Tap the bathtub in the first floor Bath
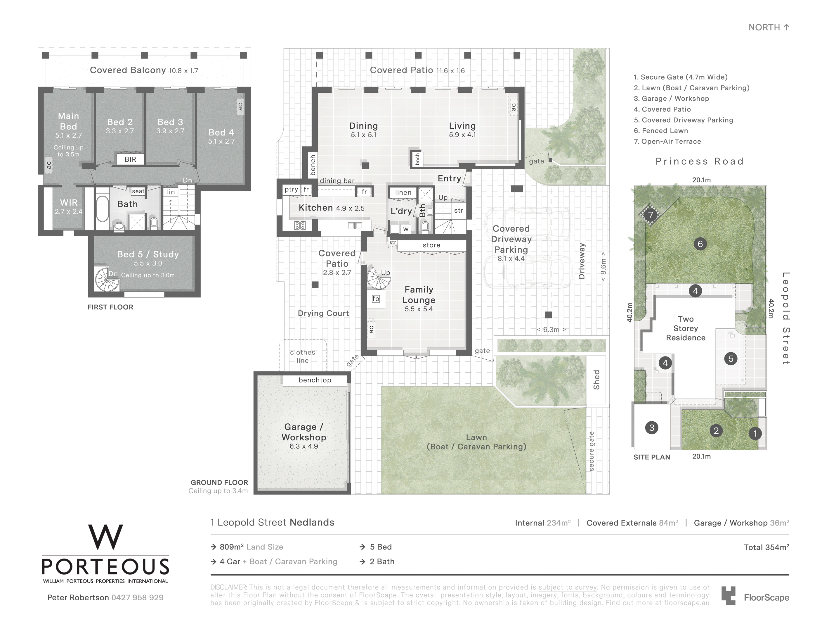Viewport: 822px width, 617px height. [x=102, y=209]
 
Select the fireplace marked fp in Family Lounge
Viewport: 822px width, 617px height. [x=376, y=299]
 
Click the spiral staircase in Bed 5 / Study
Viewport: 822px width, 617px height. [x=107, y=280]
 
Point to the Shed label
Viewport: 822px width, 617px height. [x=596, y=380]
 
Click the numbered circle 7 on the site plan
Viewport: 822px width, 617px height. [x=650, y=215]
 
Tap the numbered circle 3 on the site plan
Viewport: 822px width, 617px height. [x=652, y=428]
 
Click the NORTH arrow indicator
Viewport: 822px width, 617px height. [x=786, y=27]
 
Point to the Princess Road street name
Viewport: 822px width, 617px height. [x=700, y=161]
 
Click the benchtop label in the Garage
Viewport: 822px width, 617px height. [x=315, y=380]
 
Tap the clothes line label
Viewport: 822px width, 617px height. [x=303, y=356]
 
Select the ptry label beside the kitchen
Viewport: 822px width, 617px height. [x=291, y=189]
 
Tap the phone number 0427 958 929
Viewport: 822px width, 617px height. [x=138, y=598]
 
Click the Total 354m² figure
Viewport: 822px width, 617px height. [x=766, y=547]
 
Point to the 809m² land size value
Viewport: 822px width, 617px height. [x=232, y=547]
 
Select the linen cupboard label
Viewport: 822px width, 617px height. [x=403, y=192]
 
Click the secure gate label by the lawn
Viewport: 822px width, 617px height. [x=592, y=451]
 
